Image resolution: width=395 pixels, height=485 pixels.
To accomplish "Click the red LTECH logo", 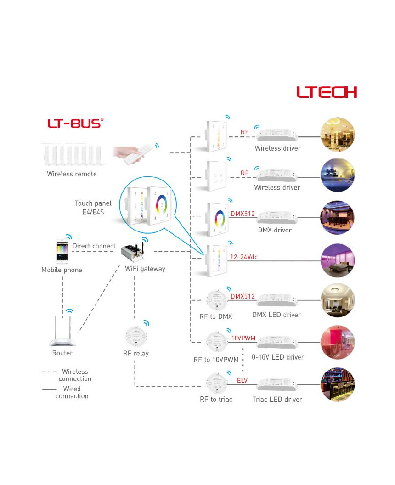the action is [327, 92].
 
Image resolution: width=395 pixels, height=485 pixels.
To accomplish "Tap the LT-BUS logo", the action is [75, 123].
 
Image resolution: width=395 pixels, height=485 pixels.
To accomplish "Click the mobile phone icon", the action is [62, 251].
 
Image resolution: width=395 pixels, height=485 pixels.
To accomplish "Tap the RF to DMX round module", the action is [217, 300].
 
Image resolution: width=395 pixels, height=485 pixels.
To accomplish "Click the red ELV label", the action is [242, 380].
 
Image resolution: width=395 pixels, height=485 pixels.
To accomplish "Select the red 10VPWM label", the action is [243, 338].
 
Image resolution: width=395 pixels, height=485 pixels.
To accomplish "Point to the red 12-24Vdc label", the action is [244, 257].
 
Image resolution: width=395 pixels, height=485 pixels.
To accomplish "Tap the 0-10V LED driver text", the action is [278, 357].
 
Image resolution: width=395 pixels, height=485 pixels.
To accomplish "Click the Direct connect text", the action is [94, 246].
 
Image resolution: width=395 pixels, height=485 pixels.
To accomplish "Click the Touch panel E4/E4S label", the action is [93, 208].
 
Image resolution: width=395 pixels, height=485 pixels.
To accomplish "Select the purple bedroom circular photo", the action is [338, 260].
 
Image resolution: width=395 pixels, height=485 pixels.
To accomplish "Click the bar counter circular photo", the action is [338, 384].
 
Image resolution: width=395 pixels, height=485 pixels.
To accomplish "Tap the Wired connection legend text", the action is [72, 392].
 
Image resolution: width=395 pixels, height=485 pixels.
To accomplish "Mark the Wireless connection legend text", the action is [75, 375].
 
